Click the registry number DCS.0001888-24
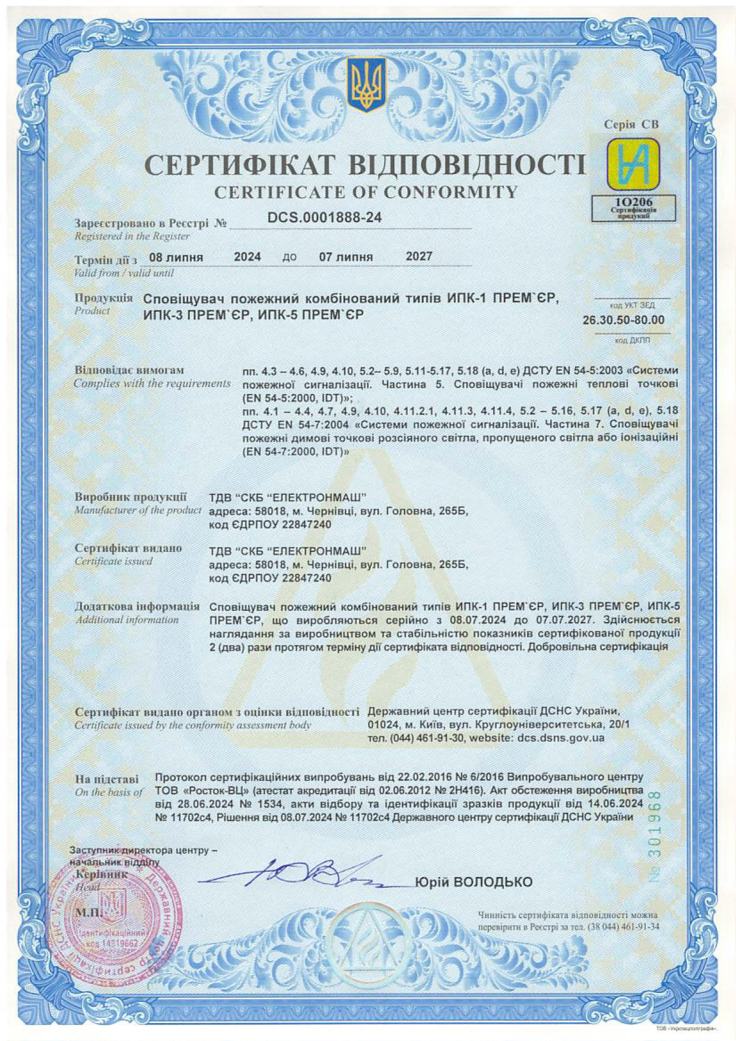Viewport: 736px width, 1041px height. pos(324,218)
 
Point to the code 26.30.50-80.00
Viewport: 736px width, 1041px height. pos(623,320)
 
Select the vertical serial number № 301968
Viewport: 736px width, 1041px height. pos(655,843)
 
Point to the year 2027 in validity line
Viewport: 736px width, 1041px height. pos(419,256)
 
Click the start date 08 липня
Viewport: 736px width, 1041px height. pos(176,258)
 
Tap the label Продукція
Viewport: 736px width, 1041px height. pos(104,297)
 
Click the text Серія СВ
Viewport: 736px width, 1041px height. pos(631,125)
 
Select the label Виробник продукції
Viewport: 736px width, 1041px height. pos(131,497)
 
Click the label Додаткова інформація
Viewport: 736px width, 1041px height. pos(137,607)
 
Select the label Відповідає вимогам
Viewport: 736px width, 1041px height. pos(129,370)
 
